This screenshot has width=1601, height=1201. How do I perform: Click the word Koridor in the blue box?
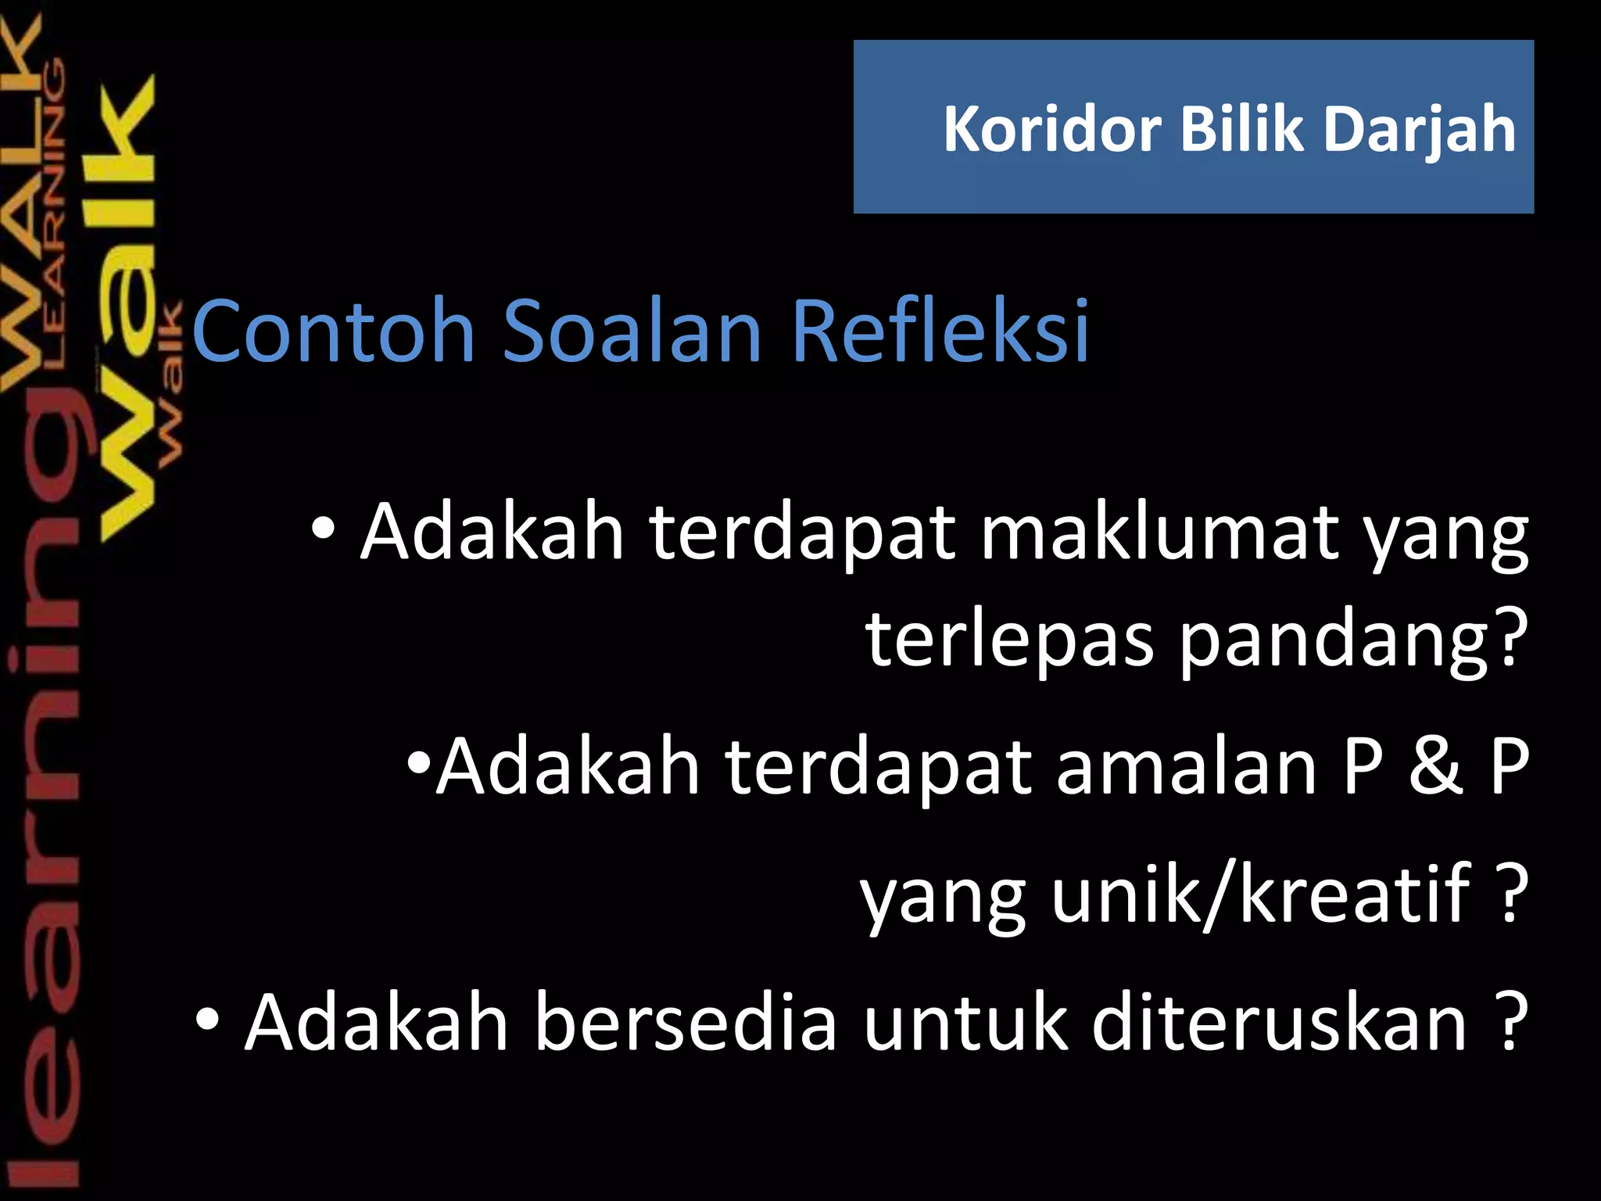point(1052,129)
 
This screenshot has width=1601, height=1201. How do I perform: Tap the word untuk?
point(965,1022)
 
